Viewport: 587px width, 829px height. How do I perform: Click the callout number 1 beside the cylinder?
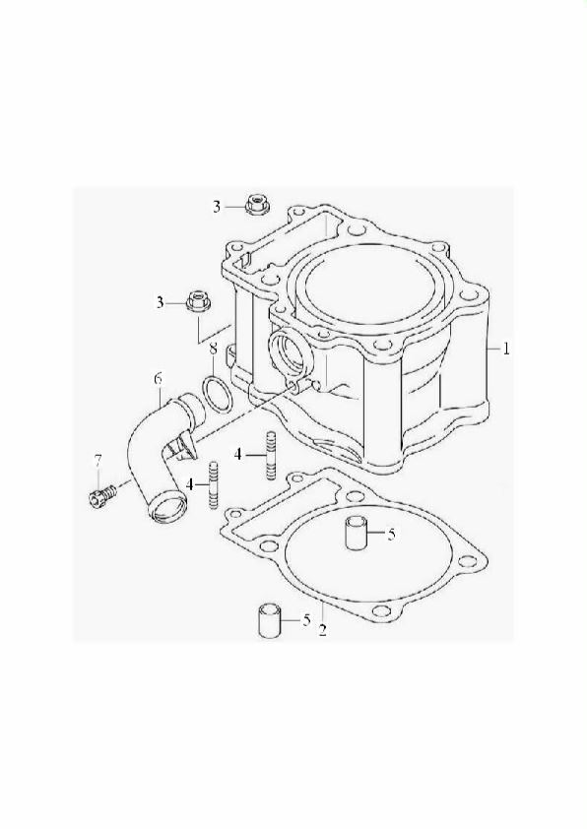pos(506,349)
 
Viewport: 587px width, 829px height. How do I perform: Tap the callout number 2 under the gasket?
pos(322,630)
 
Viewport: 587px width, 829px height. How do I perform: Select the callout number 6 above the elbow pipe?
pos(158,379)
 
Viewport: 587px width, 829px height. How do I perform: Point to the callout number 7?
pos(98,461)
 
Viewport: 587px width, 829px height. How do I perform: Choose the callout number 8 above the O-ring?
pos(213,350)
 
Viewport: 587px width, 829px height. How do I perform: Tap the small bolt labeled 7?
pos(102,496)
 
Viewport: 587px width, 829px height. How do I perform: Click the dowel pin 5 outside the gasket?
pos(269,619)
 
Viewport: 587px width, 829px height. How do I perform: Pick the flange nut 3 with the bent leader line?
pos(198,302)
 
